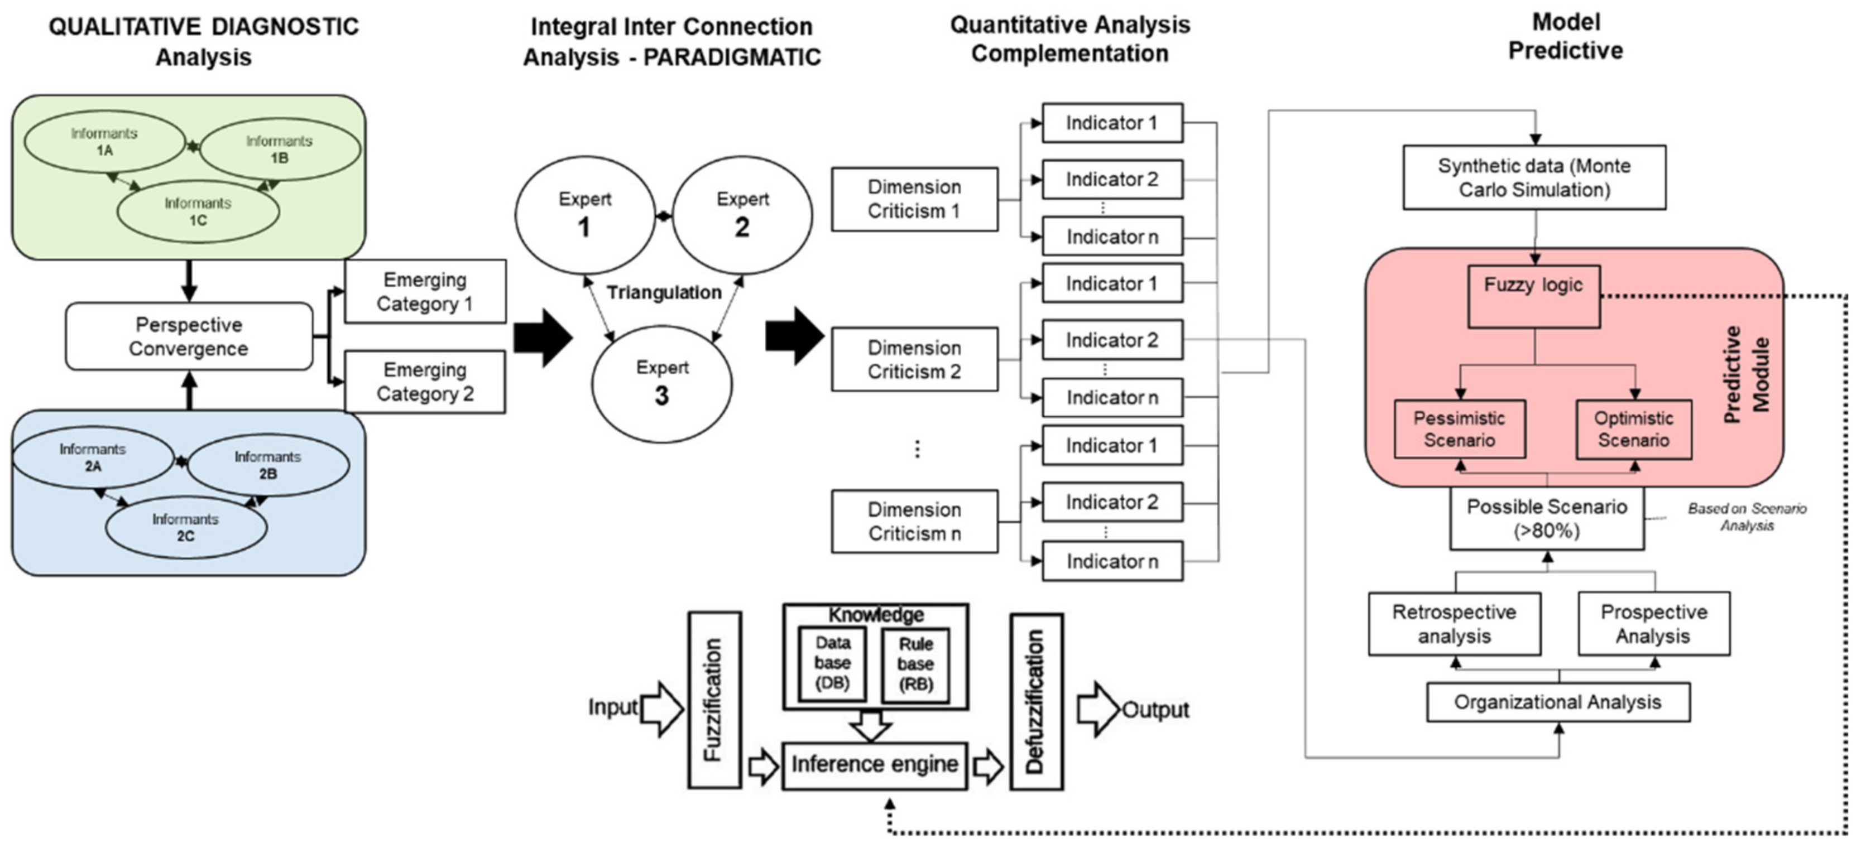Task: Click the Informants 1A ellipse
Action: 105,142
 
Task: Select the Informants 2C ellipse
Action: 186,527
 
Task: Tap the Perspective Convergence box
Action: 189,336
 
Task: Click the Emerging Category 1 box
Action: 425,291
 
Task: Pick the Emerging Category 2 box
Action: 425,382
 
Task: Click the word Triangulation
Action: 664,292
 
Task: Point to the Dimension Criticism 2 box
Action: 915,359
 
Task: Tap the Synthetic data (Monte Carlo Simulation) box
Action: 1534,178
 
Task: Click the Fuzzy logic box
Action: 1534,297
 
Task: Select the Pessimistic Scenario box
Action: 1459,429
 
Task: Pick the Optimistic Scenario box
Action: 1633,429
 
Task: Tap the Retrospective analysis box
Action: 1454,624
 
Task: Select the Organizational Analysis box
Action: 1557,702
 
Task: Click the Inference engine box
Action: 875,765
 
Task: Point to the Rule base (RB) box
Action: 915,664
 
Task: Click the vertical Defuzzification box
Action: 1036,701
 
